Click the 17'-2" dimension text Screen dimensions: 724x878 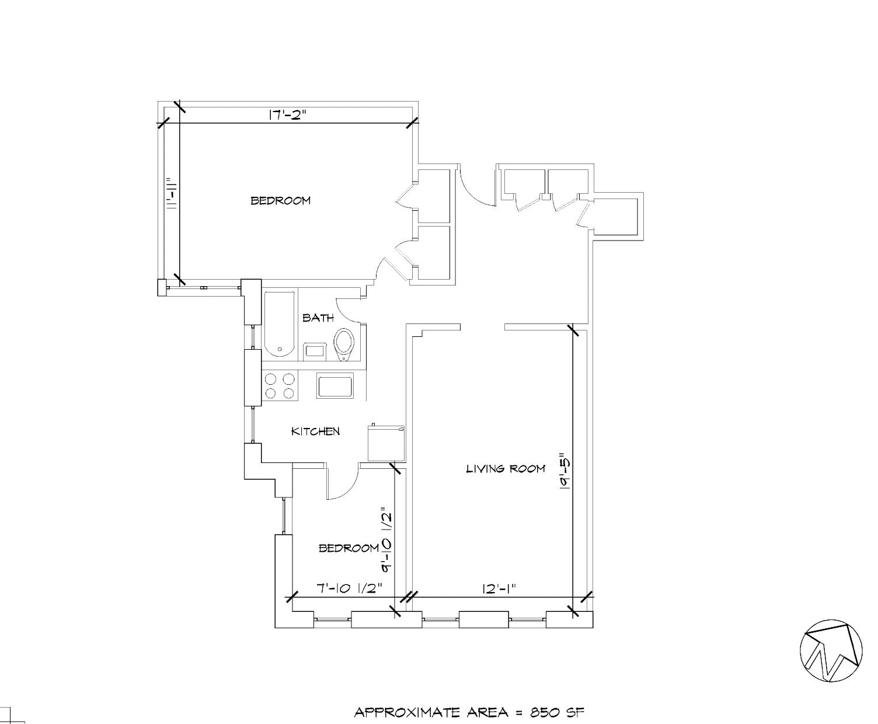tap(287, 114)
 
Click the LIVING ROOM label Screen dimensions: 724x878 tap(506, 468)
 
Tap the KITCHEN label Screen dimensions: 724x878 tap(315, 431)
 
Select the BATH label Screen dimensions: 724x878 tap(318, 318)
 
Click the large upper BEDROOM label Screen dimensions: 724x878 tap(280, 201)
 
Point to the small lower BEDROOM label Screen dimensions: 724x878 tap(349, 548)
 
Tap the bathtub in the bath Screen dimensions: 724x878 tap(280, 323)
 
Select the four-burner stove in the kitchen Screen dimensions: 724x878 tap(280, 385)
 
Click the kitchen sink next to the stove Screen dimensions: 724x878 tap(335, 386)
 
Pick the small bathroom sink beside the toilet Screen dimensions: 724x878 tap(315, 351)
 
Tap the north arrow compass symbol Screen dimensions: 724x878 tap(831, 650)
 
